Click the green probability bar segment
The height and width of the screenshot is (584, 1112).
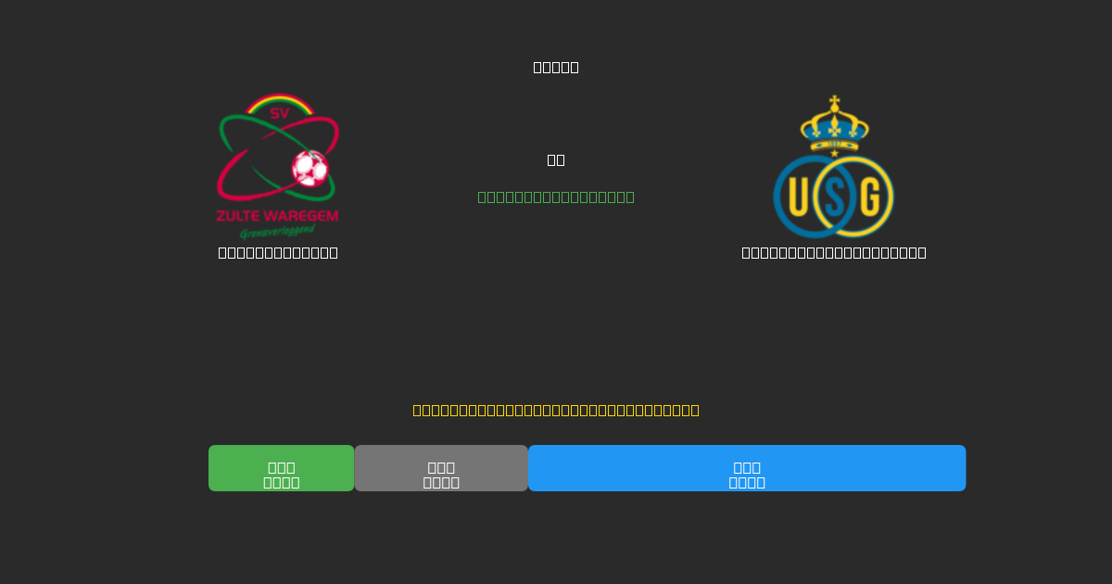pyautogui.click(x=281, y=468)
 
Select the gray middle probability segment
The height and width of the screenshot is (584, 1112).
pyautogui.click(x=441, y=468)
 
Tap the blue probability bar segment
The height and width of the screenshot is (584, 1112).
pyautogui.click(x=747, y=468)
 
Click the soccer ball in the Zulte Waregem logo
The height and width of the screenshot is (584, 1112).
pyautogui.click(x=310, y=169)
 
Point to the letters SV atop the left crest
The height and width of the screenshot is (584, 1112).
pyautogui.click(x=279, y=114)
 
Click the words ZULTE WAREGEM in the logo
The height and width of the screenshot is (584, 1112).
pyautogui.click(x=277, y=216)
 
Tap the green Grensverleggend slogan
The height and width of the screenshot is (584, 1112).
pyautogui.click(x=277, y=232)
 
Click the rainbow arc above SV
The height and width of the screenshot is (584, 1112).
pyautogui.click(x=279, y=99)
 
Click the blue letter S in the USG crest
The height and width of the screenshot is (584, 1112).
pyautogui.click(x=834, y=197)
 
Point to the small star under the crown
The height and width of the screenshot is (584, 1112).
pyautogui.click(x=834, y=153)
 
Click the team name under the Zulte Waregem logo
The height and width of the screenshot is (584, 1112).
pyautogui.click(x=278, y=252)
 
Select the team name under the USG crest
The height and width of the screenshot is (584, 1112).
pyautogui.click(x=834, y=252)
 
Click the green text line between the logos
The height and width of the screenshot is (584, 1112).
pyautogui.click(x=556, y=197)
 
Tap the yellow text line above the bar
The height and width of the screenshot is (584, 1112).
pyautogui.click(x=556, y=410)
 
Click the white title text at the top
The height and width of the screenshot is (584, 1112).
pyautogui.click(x=556, y=67)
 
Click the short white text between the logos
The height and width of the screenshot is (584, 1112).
pyautogui.click(x=556, y=159)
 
